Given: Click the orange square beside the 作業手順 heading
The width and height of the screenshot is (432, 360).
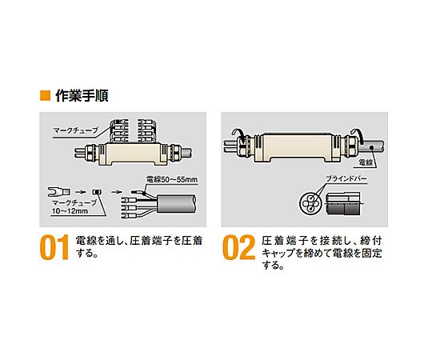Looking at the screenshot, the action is [x=45, y=95].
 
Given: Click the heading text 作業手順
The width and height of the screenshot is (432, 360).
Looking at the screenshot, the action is [x=82, y=95].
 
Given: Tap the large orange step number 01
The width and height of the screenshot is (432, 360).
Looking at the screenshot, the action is [x=54, y=248].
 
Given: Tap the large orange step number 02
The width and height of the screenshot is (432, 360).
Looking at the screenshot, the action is [x=238, y=248].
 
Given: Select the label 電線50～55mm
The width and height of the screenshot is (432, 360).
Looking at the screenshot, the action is [x=171, y=180].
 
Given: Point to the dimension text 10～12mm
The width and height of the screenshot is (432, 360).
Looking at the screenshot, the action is [x=70, y=211].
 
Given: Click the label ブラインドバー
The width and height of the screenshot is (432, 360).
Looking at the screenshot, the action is [x=346, y=178].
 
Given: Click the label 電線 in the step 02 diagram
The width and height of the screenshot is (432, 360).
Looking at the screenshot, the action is [x=366, y=162].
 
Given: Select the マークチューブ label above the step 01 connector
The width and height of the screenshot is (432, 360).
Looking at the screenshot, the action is [x=76, y=130].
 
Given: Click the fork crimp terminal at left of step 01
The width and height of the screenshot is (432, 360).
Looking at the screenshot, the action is [x=59, y=192].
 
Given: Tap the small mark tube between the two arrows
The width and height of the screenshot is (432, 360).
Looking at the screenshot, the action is [x=98, y=192].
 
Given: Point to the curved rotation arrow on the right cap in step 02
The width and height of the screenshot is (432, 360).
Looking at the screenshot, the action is [x=358, y=134].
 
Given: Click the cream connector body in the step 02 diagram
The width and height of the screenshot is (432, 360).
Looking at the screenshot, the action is [x=298, y=148].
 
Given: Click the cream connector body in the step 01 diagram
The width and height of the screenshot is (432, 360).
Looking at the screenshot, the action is [x=133, y=154].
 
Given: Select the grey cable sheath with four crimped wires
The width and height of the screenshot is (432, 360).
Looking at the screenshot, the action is [x=176, y=204].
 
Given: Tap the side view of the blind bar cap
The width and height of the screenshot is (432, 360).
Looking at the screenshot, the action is [x=343, y=204].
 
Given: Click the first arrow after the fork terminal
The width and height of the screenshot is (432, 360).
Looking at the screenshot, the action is [x=80, y=192].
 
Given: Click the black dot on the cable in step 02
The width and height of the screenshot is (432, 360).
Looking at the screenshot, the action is [x=372, y=148].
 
